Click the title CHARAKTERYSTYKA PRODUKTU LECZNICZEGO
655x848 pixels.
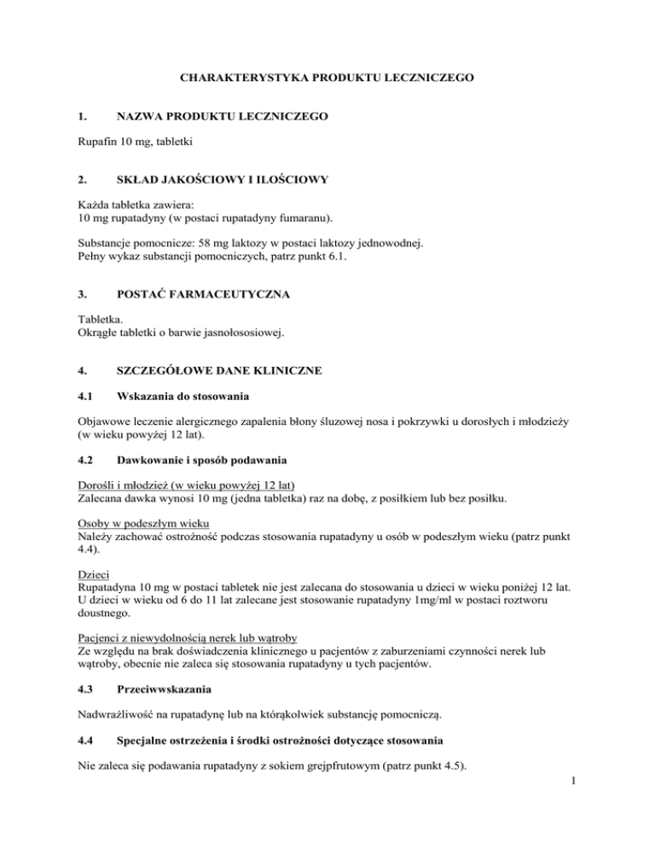(x=327, y=78)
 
